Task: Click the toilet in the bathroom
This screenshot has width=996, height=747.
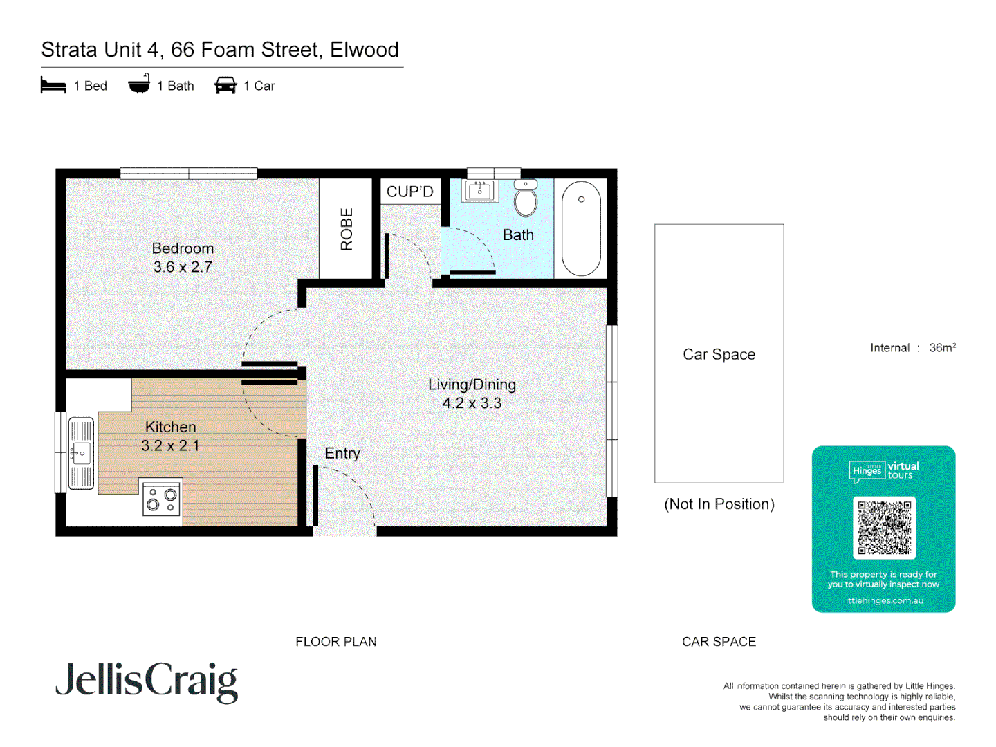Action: coord(526,201)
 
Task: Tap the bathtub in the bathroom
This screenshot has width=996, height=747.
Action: coord(581,229)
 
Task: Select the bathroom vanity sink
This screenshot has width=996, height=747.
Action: coord(479,190)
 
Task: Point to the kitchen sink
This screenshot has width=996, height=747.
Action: coord(81,453)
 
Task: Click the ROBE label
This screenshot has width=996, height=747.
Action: coord(347,229)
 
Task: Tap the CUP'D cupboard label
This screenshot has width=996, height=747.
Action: coord(409,192)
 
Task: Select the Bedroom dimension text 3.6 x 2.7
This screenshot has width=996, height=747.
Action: coord(183,267)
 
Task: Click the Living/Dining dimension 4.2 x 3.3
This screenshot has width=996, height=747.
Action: coord(472,403)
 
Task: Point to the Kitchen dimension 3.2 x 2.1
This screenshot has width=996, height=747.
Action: coord(170,446)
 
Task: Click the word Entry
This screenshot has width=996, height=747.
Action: coord(342,453)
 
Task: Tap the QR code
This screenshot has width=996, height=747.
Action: coord(884,528)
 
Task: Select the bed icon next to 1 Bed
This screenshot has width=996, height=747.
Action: coord(53,86)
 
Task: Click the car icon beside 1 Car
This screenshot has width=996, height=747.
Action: coord(225,86)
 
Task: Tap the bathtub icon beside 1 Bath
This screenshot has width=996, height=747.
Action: coord(139,84)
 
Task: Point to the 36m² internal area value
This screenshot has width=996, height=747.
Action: coord(942,348)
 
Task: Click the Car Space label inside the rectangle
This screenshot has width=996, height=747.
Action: coord(719,354)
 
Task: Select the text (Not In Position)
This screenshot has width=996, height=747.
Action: coord(719,504)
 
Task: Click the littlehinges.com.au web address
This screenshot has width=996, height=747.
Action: coord(883,600)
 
